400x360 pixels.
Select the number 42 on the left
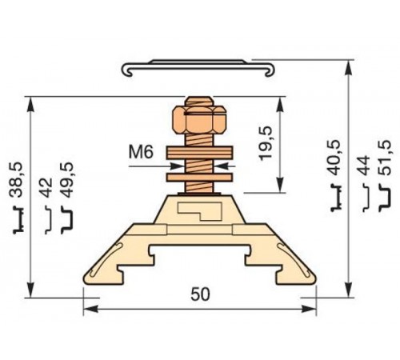(46, 190)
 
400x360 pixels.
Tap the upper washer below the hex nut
(199, 152)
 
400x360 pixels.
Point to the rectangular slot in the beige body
(200, 212)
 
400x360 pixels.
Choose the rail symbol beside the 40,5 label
(336, 206)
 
